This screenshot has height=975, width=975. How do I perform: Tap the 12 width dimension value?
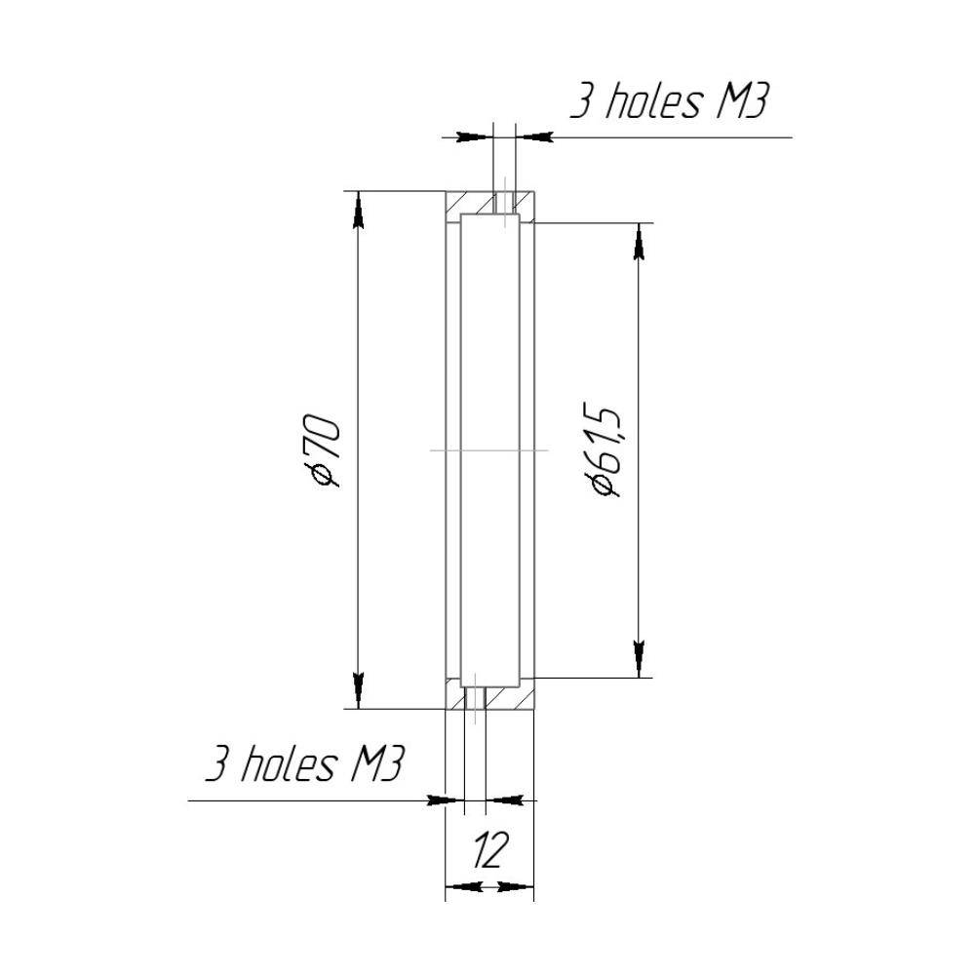click(x=489, y=850)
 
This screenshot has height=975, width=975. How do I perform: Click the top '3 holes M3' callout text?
click(x=670, y=102)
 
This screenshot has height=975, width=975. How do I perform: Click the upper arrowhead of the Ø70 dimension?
click(x=358, y=211)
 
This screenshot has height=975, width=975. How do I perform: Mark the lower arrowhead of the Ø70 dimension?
click(x=358, y=690)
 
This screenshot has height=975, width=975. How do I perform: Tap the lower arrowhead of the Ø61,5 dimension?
click(x=638, y=659)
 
